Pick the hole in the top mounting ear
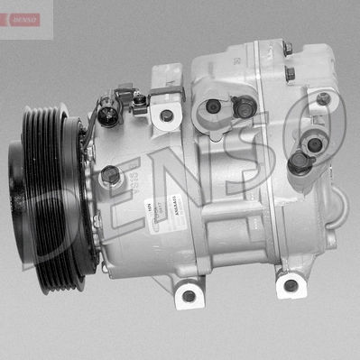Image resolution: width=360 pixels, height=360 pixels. tap(166, 115)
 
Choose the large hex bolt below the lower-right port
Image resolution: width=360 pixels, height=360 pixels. tap(299, 162)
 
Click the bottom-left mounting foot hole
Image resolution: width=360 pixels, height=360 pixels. tap(188, 295)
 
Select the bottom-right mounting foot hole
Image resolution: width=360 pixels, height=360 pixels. tap(289, 286)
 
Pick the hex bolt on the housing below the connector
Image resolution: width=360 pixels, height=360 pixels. tap(110, 174)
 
